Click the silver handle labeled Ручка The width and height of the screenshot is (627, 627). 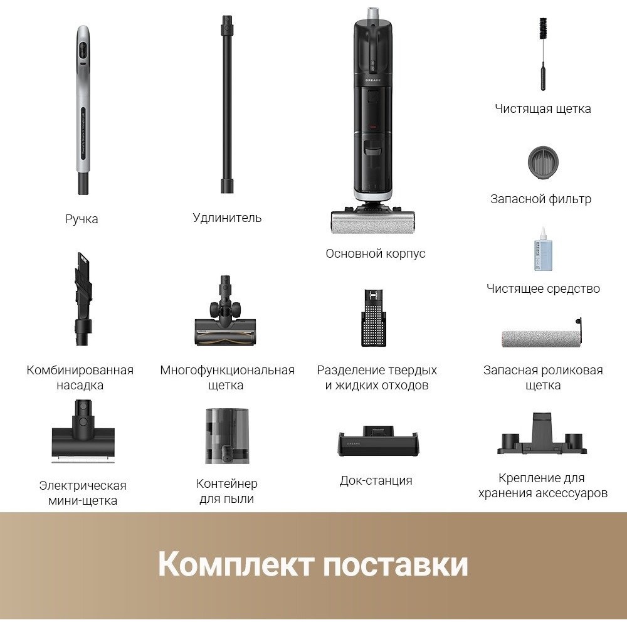(83, 110)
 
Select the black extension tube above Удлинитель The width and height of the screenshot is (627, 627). (227, 104)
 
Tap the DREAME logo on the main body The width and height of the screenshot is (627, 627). (372, 80)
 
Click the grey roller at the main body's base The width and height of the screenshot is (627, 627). (372, 222)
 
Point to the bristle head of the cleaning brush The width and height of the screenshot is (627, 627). (542, 28)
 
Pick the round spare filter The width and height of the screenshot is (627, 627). (542, 163)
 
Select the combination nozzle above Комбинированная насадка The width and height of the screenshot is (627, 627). (83, 298)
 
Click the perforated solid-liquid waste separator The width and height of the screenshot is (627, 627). (374, 317)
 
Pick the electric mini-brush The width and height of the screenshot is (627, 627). (83, 432)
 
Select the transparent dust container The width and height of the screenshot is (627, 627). (227, 436)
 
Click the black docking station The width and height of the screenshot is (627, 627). (378, 441)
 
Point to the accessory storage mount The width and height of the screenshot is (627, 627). (542, 435)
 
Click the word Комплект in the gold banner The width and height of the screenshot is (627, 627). (235, 564)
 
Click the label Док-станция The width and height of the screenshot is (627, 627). (376, 480)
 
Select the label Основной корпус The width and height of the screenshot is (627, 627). (376, 253)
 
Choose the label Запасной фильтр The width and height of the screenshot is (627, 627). (540, 199)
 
